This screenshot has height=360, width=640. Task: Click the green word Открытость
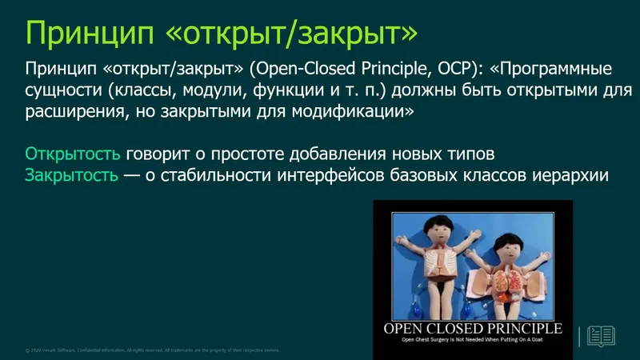click(x=74, y=153)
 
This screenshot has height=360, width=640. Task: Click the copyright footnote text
click(x=152, y=350)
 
